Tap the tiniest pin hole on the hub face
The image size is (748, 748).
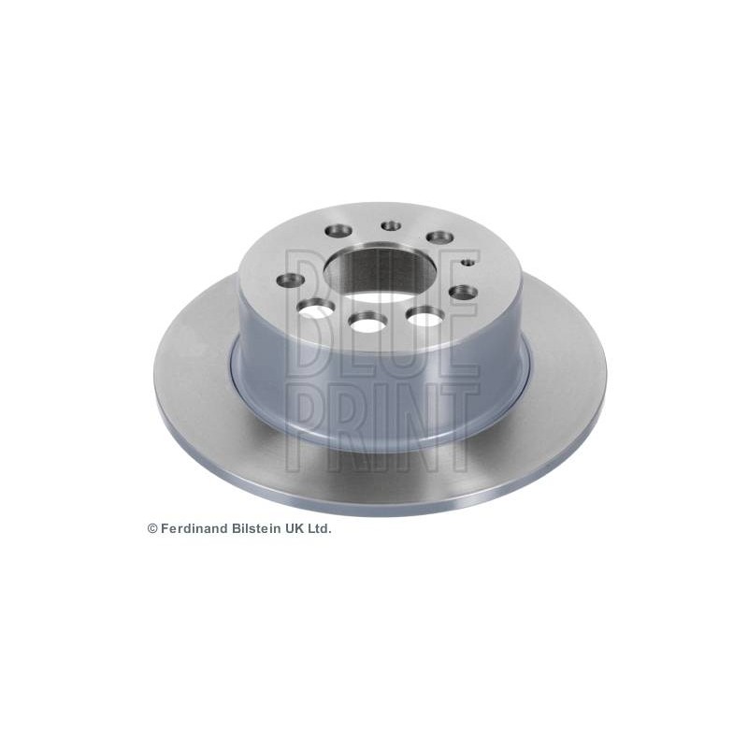pyautogui.click(x=469, y=263)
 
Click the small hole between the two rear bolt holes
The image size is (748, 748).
pyautogui.click(x=391, y=225)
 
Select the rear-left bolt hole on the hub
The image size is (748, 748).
pyautogui.click(x=338, y=231)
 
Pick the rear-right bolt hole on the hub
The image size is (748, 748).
pyautogui.click(x=439, y=237)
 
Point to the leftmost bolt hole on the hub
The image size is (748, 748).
pyautogui.click(x=291, y=280)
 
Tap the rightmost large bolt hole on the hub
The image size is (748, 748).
pyautogui.click(x=463, y=292)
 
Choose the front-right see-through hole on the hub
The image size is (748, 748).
pyautogui.click(x=425, y=316)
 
